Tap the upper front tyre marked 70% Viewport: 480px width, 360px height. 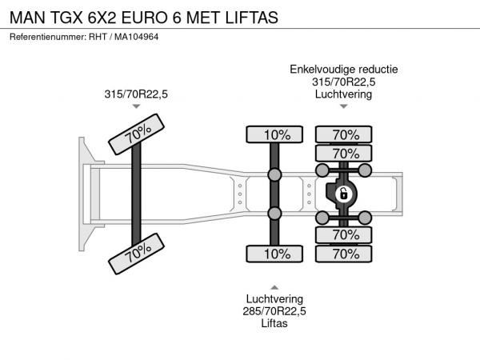pos(137,134)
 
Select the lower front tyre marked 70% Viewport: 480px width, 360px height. pos(137,254)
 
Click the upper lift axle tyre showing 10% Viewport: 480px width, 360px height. pos(274,134)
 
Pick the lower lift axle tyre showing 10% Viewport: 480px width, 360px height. pos(274,254)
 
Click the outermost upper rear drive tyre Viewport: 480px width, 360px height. pos(343,134)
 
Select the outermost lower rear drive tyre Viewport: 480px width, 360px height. pos(343,254)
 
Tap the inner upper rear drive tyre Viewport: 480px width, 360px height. pos(343,153)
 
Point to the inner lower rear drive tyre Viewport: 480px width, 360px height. pos(343,235)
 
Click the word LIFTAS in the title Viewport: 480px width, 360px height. pos(252,18)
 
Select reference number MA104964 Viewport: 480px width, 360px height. pos(137,37)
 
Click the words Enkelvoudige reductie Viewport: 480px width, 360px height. pos(344,70)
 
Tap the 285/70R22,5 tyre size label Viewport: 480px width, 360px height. pos(274,311)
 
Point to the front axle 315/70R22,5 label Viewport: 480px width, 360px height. pos(136,94)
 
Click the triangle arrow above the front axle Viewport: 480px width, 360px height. pos(136,106)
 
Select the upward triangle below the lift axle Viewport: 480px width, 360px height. pos(274,287)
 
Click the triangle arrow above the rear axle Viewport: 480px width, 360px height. pos(344,106)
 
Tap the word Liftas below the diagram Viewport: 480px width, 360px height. pos(274,323)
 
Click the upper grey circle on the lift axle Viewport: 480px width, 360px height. pos(274,174)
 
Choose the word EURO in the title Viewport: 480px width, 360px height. pos(145,18)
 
